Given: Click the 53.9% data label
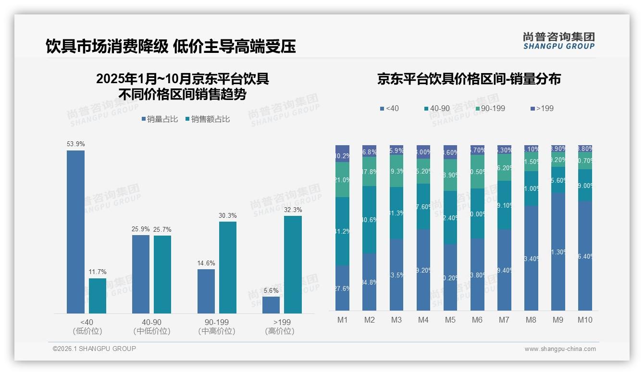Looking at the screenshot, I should point(75,144).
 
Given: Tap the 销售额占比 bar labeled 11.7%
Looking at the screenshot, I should point(98,296).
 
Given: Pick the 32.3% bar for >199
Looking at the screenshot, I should point(293,264).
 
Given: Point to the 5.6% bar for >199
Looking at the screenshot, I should point(271,305).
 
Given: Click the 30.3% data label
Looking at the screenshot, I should point(228,215).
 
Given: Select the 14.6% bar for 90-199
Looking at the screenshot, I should point(206,291).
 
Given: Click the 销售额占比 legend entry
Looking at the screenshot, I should point(207,119).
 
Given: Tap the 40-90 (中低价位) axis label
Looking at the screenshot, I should point(152,326).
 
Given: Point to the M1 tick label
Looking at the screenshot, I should point(342,320).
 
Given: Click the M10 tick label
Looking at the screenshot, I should point(585,320).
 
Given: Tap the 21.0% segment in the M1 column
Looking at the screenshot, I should point(342,180).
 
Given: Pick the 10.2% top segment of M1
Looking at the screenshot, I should point(342,154).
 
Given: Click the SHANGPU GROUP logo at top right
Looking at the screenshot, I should point(558,41).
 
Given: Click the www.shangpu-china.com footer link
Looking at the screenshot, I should point(560,349).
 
